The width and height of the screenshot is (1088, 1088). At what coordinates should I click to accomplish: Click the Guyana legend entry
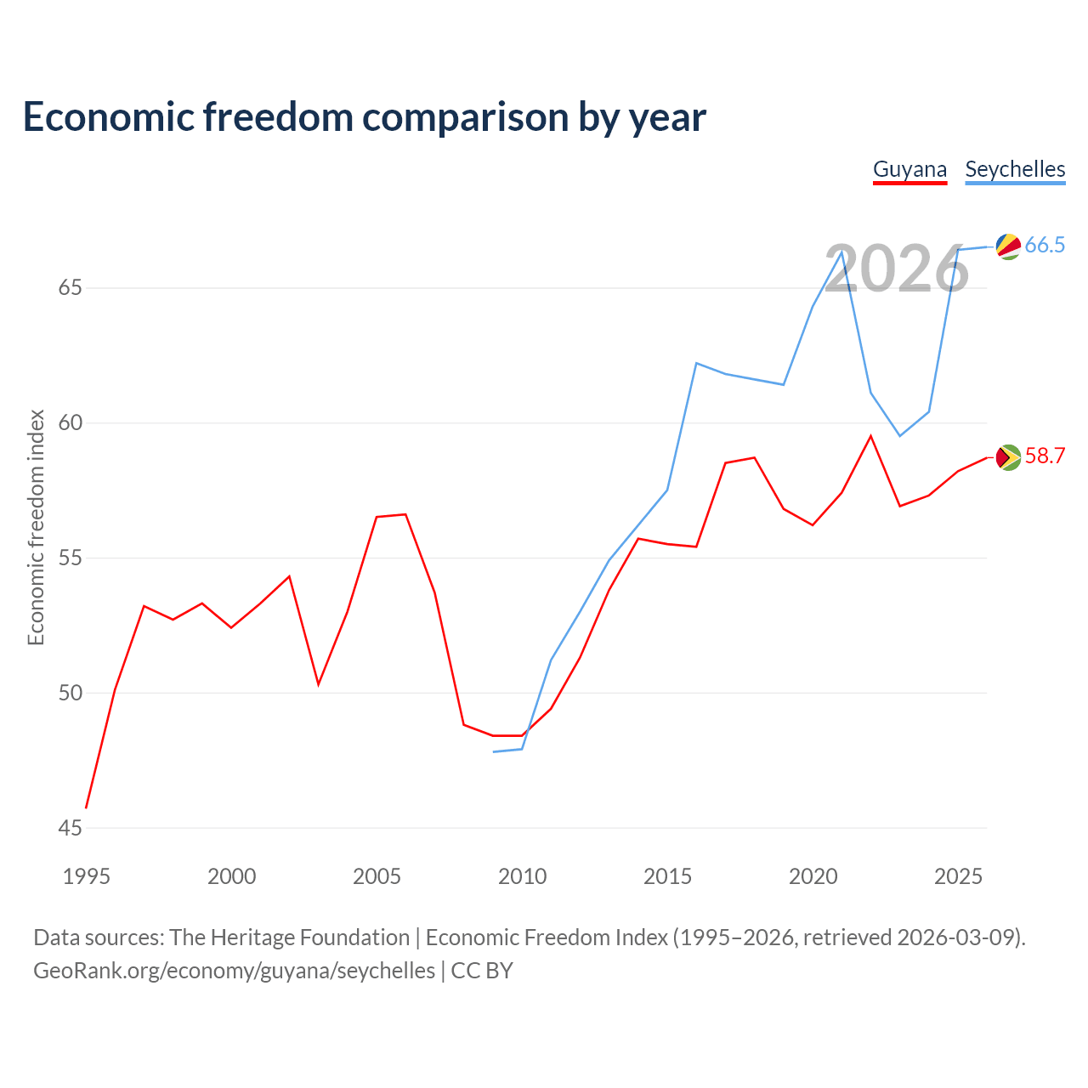pos(909,170)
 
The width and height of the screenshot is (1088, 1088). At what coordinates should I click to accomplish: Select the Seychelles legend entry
pos(1015,170)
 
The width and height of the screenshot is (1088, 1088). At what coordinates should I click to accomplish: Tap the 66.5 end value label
pos(1044,245)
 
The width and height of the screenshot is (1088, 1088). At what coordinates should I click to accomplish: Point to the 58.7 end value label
pos(1044,456)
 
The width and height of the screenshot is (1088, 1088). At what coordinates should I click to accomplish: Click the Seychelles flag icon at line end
pos(1008,246)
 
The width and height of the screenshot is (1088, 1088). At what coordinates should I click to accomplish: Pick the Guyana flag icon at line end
pos(1008,456)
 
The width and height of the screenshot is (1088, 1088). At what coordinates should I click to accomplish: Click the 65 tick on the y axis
pos(70,288)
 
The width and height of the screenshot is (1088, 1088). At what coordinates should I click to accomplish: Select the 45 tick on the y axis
pos(70,828)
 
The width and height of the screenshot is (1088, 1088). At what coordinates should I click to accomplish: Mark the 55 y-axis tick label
pos(70,558)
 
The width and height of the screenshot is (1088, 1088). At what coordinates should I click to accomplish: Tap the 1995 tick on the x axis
pos(87,876)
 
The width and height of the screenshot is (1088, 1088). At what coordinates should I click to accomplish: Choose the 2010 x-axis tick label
pos(522,876)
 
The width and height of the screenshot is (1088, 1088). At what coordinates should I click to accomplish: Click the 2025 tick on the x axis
pos(958,876)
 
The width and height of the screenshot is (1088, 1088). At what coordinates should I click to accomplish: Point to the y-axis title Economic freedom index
pos(37,527)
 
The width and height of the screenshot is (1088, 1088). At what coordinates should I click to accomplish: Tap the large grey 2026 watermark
pos(897,269)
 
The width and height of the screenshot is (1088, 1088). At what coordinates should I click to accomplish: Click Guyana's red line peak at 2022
pos(870,436)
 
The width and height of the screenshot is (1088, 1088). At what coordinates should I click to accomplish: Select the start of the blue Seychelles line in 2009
pos(494,751)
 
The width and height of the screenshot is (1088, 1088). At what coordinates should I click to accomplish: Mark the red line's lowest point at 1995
pos(86,807)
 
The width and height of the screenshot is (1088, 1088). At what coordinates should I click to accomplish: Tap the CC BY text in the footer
pos(482,971)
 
